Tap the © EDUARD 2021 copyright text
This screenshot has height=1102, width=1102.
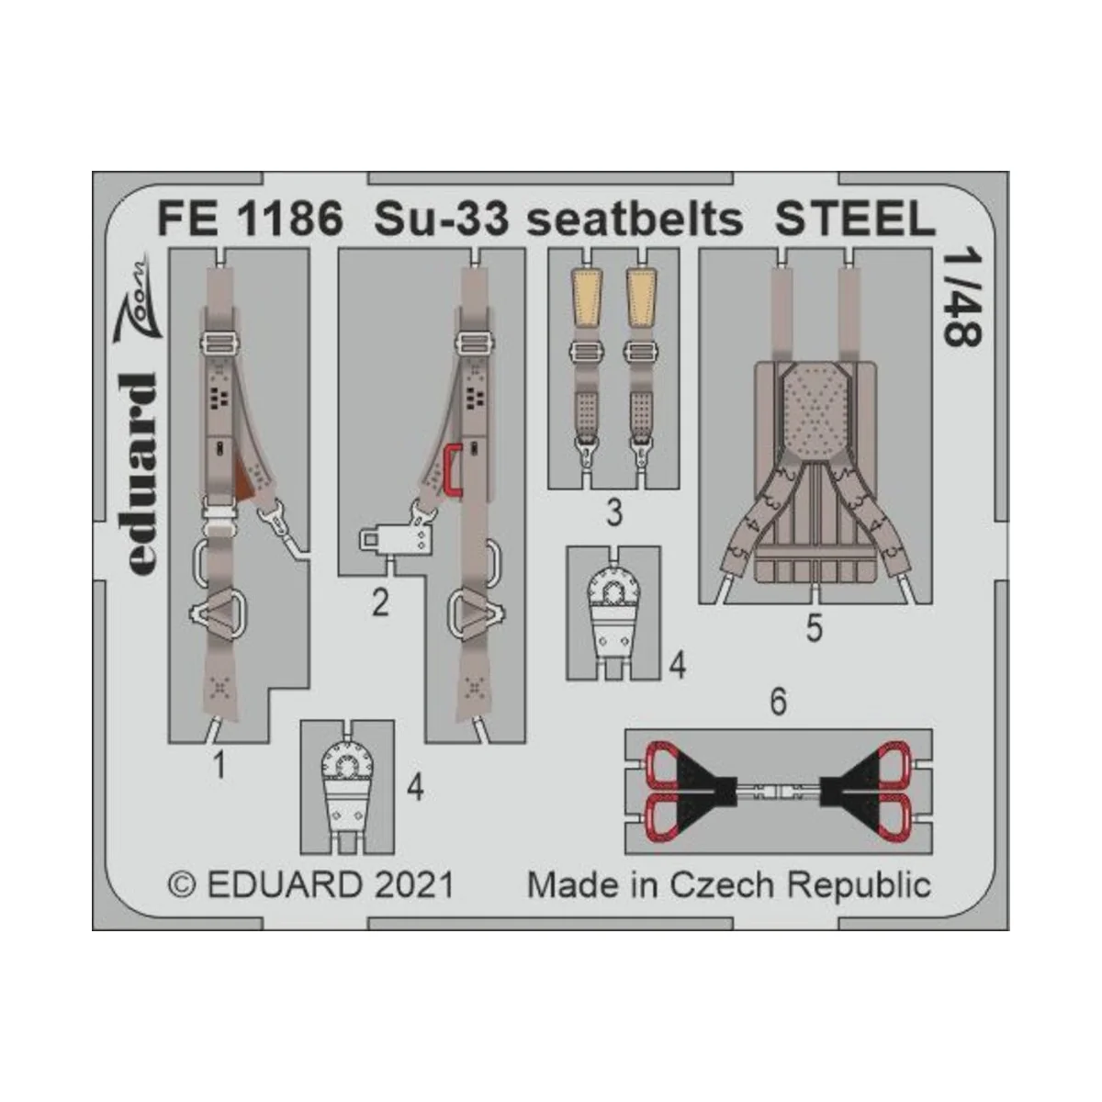[x=312, y=884]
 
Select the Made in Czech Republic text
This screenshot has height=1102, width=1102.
[x=729, y=884]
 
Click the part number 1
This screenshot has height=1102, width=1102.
[x=219, y=764]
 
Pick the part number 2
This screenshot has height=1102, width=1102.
[x=380, y=603]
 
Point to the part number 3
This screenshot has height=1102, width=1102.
[x=614, y=513]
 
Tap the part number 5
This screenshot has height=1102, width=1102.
[x=814, y=629]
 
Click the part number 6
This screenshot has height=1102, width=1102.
[x=778, y=703]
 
